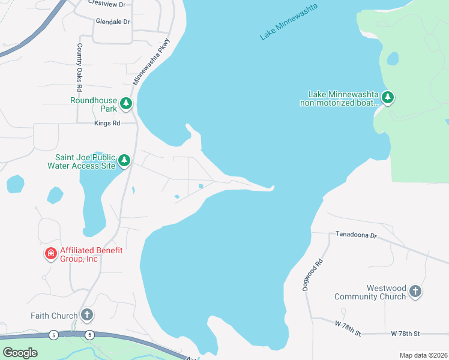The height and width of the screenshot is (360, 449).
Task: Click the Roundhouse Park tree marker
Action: [x=125, y=104]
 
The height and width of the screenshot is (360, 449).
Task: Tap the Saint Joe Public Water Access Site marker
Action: [x=124, y=160]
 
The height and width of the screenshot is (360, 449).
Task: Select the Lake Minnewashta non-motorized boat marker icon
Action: [x=388, y=97]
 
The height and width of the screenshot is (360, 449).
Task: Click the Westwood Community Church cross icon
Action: [x=414, y=292]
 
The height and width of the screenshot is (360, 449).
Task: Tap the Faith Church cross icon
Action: [x=87, y=315]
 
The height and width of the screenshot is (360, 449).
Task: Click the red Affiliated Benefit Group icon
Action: [x=51, y=254]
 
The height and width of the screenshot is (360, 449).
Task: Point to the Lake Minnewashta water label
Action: [x=288, y=22]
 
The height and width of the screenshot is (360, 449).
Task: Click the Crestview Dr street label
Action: [x=106, y=4]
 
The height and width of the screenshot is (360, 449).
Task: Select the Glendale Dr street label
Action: [x=112, y=22]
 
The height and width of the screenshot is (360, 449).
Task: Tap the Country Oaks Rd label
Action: [x=79, y=67]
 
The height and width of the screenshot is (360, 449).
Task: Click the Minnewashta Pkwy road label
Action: [x=151, y=62]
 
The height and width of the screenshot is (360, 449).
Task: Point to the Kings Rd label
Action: [x=107, y=123]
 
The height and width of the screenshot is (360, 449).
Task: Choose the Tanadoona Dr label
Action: [x=355, y=235]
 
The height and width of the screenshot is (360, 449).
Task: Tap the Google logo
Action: [x=20, y=352]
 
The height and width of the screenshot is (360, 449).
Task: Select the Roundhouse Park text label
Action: [x=92, y=104]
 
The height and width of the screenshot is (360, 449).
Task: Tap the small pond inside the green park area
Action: [x=393, y=59]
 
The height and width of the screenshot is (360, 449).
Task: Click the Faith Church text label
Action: [x=55, y=316]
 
